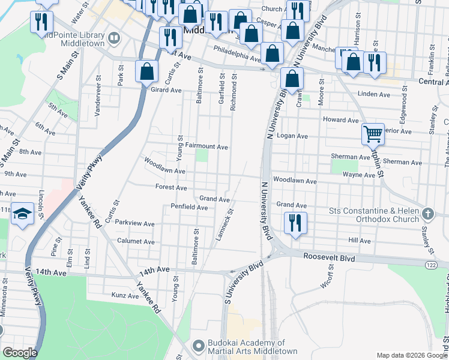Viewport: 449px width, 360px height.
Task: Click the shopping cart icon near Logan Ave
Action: click(x=373, y=134)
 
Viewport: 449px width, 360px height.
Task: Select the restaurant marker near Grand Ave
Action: click(x=295, y=223)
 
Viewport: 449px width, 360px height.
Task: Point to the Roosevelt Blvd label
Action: click(x=329, y=258)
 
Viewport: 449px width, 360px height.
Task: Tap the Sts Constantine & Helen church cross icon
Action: click(x=427, y=214)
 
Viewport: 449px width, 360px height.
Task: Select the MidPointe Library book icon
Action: click(x=113, y=38)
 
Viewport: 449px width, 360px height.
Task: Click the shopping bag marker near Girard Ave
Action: click(x=146, y=71)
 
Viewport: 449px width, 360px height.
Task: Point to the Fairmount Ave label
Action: click(x=206, y=146)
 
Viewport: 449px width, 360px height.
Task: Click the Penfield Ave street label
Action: click(x=189, y=208)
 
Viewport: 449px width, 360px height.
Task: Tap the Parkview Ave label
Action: click(x=135, y=224)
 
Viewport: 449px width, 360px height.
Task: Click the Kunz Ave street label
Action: click(x=125, y=295)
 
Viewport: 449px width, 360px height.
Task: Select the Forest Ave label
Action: click(x=171, y=187)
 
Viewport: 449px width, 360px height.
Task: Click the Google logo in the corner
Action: click(x=20, y=353)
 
